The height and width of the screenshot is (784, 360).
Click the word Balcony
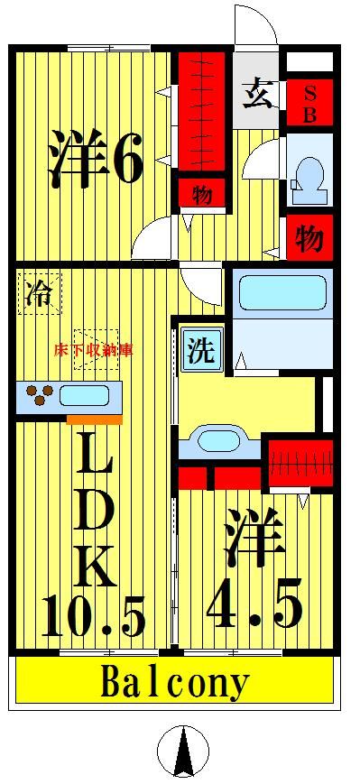174,683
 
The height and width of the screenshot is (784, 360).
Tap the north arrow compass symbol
183,751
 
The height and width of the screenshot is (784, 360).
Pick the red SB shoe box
309,103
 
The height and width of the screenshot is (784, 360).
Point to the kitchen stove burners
40,394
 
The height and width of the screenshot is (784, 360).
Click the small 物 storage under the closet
201,193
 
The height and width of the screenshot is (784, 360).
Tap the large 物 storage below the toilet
309,238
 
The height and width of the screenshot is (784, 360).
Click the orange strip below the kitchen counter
94,420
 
